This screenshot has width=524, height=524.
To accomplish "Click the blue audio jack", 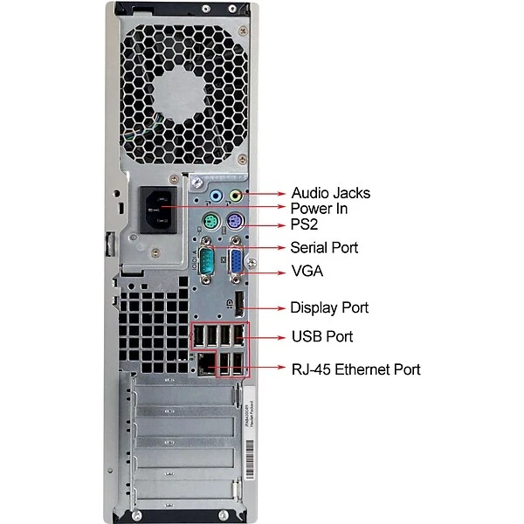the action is pyautogui.click(x=216, y=196).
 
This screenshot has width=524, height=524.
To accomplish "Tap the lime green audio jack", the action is pyautogui.click(x=236, y=196).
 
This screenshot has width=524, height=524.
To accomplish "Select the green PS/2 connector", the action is pyautogui.click(x=210, y=221).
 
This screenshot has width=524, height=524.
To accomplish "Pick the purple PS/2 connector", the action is pyautogui.click(x=236, y=221).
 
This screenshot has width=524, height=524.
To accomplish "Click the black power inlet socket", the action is pyautogui.click(x=158, y=210).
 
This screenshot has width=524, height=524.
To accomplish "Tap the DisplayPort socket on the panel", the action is pyautogui.click(x=238, y=304).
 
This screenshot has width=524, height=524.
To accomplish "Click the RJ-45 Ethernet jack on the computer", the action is pyautogui.click(x=206, y=364).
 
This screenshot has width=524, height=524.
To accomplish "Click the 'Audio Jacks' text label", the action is pyautogui.click(x=331, y=193).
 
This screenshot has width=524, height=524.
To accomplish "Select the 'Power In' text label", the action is pyautogui.click(x=319, y=209).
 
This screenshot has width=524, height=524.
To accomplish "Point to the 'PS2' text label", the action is pyautogui.click(x=304, y=224).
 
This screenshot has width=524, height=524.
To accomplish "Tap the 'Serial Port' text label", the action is pyautogui.click(x=324, y=248).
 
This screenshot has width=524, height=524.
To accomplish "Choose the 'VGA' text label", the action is pyautogui.click(x=307, y=271).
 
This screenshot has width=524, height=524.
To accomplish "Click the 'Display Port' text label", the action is pyautogui.click(x=329, y=307).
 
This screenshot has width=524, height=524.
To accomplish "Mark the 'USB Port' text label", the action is pyautogui.click(x=322, y=336).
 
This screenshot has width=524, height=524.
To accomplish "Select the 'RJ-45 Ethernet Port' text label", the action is pyautogui.click(x=356, y=369).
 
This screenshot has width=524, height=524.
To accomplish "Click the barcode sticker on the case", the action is pyautogui.click(x=250, y=459).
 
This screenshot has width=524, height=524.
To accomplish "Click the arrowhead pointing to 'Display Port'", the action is pyautogui.click(x=281, y=308).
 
